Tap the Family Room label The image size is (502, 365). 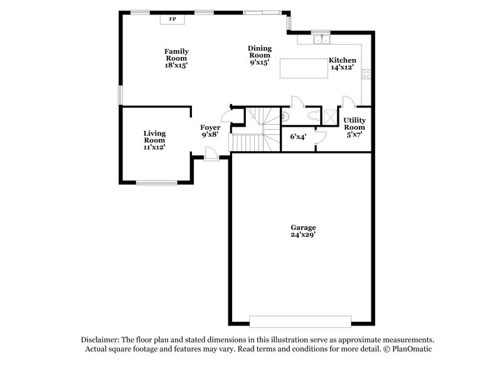(x=176, y=58)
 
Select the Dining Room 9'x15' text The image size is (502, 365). (x=259, y=55)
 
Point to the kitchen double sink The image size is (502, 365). (x=321, y=40)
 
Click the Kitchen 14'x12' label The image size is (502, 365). (x=342, y=64)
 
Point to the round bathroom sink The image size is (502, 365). (x=286, y=115)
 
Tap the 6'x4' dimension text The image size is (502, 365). (x=297, y=136)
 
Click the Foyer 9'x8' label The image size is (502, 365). (x=210, y=130)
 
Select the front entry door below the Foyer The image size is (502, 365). (x=211, y=154)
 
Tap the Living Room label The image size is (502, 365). (x=154, y=140)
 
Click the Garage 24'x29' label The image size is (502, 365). (x=302, y=231)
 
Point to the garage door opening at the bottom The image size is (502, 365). (x=300, y=321)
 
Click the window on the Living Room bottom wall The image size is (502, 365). (x=157, y=182)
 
